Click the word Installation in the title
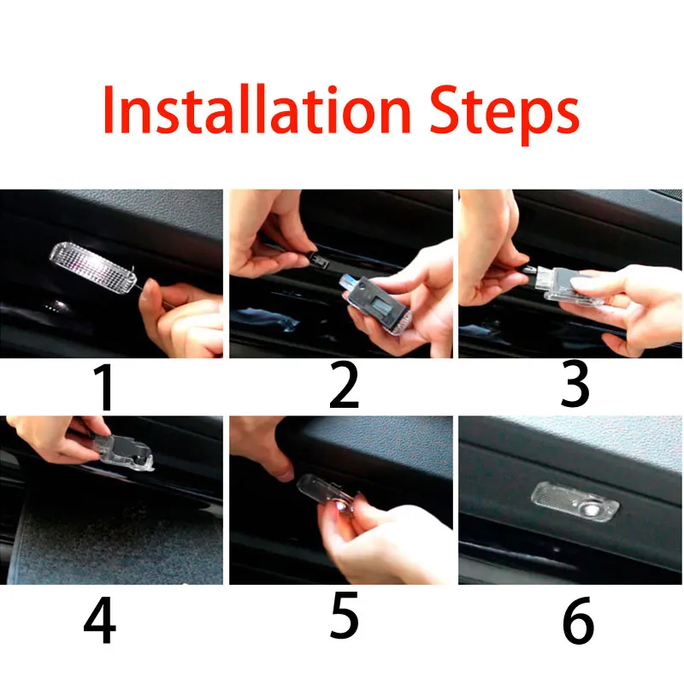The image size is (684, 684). (256, 109)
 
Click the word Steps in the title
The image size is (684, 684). (504, 115)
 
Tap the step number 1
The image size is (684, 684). (104, 387)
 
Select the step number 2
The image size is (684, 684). (345, 386)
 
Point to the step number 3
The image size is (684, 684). (575, 386)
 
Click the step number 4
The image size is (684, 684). (100, 620)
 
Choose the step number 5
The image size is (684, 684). (345, 616)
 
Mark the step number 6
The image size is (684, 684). (579, 620)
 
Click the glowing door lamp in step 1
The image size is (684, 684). (93, 268)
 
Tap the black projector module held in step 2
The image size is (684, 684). (376, 304)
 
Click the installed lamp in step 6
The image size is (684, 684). (575, 501)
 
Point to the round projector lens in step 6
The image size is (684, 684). (591, 510)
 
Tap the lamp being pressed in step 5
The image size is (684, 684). (328, 494)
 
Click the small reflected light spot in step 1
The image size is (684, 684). (58, 305)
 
